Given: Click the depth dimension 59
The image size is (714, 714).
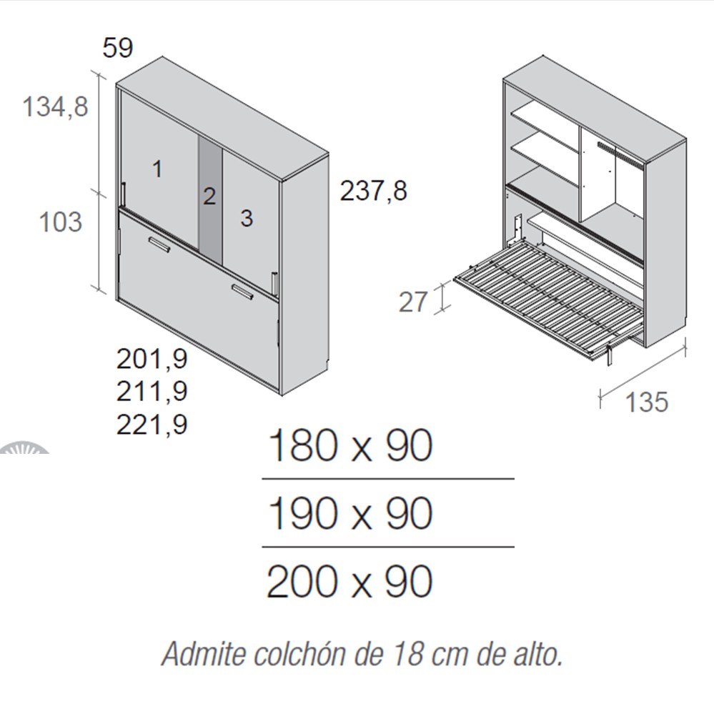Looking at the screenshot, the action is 118,48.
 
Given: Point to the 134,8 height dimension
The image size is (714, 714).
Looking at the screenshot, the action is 55,107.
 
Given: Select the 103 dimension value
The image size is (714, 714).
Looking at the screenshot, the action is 61,222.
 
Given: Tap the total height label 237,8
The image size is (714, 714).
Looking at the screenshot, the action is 373,191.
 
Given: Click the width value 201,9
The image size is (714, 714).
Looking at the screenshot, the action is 152,359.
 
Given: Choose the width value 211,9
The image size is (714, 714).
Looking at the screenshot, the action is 152,391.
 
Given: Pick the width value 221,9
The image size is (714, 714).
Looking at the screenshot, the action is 152,425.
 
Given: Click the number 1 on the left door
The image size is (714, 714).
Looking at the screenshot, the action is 157,169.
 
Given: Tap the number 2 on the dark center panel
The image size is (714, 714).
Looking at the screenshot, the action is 209,197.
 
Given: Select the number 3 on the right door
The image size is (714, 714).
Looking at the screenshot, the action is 247,218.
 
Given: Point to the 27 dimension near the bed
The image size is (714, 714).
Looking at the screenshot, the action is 413,302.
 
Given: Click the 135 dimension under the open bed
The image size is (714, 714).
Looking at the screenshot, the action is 647,402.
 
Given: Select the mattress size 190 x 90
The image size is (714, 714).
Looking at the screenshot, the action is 350,513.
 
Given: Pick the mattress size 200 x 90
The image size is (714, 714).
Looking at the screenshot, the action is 349,582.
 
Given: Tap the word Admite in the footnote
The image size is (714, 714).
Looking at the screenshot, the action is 204,654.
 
